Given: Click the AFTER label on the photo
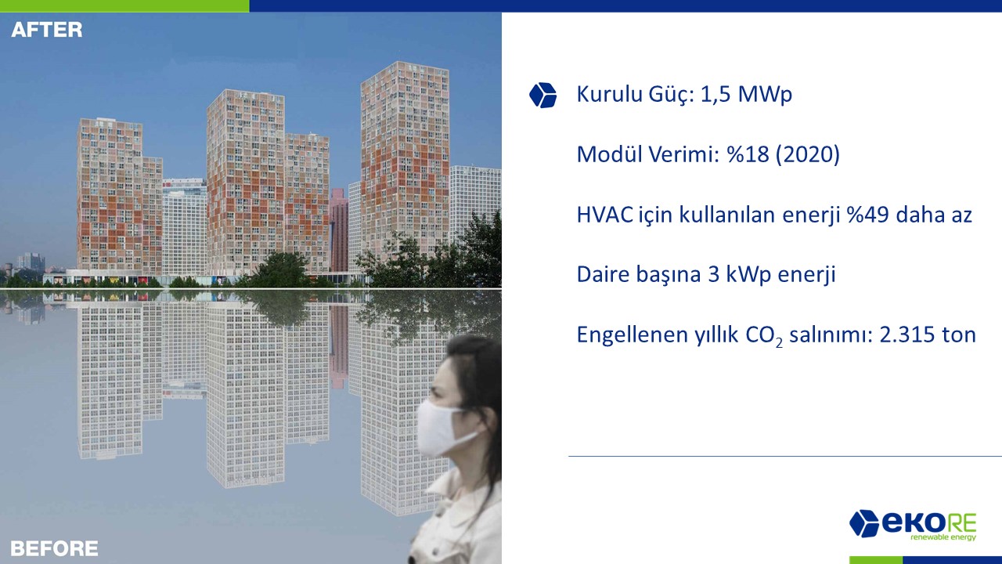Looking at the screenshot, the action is tap(47, 30).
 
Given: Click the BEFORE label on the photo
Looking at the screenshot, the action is tap(54, 548).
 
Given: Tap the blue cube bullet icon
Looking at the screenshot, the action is tap(542, 95).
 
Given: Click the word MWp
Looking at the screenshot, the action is tap(765, 95).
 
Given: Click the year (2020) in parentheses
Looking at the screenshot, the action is tap(808, 154).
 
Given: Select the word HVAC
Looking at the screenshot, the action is tap(605, 215).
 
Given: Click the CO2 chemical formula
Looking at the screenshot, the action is tap(764, 336).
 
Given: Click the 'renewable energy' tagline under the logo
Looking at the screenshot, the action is tap(943, 537).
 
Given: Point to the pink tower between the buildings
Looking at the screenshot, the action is tap(339, 230).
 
